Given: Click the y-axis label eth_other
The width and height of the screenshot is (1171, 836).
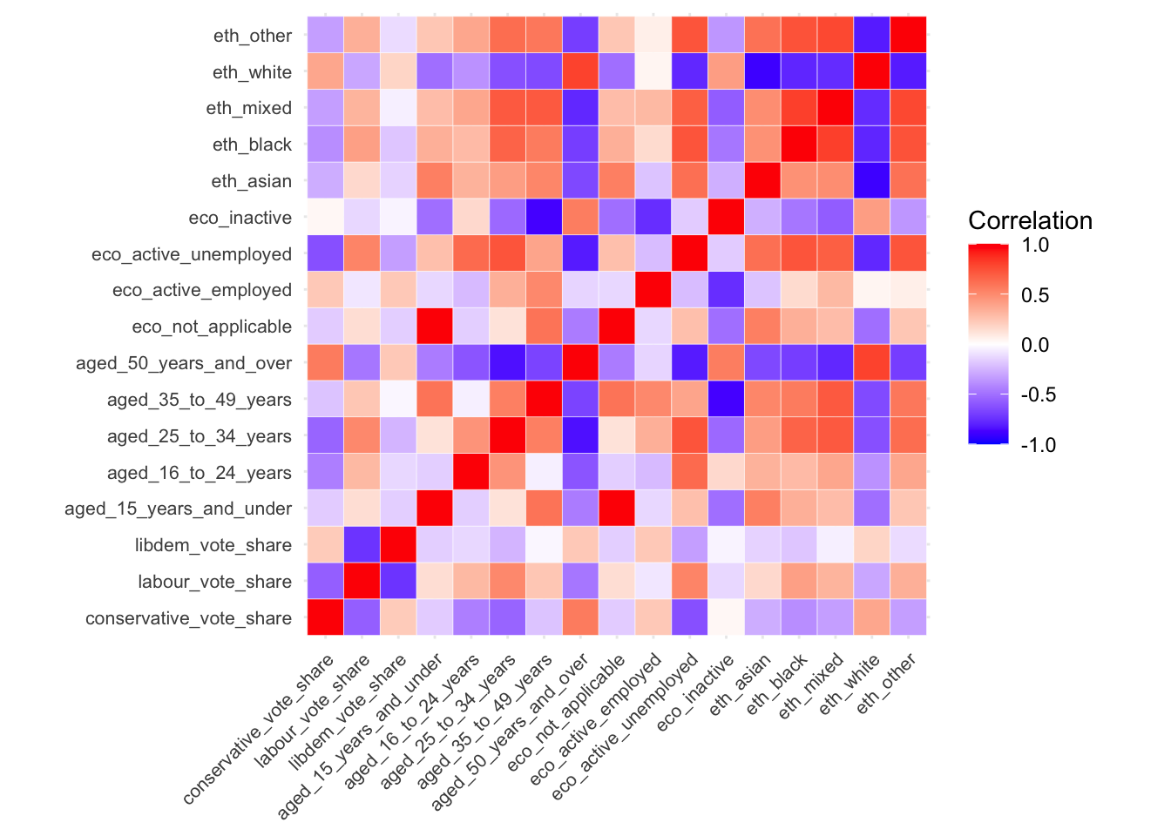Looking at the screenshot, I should pyautogui.click(x=252, y=36).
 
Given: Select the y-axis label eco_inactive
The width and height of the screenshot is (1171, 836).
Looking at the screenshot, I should pyautogui.click(x=240, y=218).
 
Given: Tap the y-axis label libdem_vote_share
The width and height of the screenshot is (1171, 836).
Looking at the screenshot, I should pyautogui.click(x=213, y=545).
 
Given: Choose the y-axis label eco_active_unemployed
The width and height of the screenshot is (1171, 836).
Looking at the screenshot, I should pyautogui.click(x=191, y=254).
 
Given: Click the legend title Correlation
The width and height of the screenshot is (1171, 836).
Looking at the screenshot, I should pyautogui.click(x=1030, y=220).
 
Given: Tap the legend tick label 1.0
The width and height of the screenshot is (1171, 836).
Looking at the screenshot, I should pyautogui.click(x=1035, y=245).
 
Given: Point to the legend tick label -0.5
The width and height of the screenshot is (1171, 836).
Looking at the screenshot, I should pyautogui.click(x=1036, y=394).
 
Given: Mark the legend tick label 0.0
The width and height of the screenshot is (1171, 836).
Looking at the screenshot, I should pyautogui.click(x=1035, y=345).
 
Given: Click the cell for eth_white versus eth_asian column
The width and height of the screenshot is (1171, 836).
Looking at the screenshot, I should pyautogui.click(x=762, y=71).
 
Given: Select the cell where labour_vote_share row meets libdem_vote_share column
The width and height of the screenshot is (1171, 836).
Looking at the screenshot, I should pyautogui.click(x=398, y=581).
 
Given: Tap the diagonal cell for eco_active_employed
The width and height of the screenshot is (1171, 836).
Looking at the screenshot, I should pyautogui.click(x=653, y=290).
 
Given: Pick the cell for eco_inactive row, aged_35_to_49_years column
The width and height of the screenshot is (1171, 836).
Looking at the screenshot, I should pyautogui.click(x=544, y=217).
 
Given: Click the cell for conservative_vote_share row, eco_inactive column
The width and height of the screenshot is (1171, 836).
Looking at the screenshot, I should pyautogui.click(x=726, y=617).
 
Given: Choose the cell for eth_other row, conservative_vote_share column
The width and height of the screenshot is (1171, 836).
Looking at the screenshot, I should pyautogui.click(x=325, y=35).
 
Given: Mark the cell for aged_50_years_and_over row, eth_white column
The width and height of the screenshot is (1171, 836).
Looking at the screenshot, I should pyautogui.click(x=871, y=362).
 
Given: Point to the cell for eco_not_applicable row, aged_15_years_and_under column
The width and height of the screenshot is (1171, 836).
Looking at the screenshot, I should pyautogui.click(x=434, y=327).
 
